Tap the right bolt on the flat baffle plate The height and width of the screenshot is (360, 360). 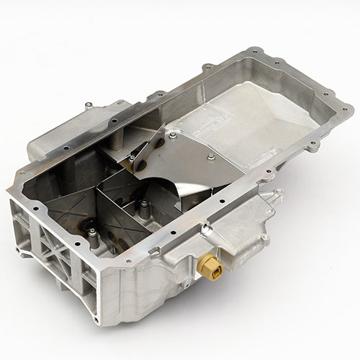click(210, 157)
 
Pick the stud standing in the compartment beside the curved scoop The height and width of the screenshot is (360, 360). click(145, 210)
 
